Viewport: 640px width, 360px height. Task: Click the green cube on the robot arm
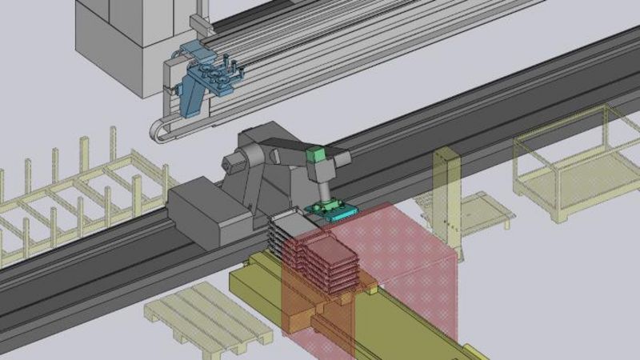315,155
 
